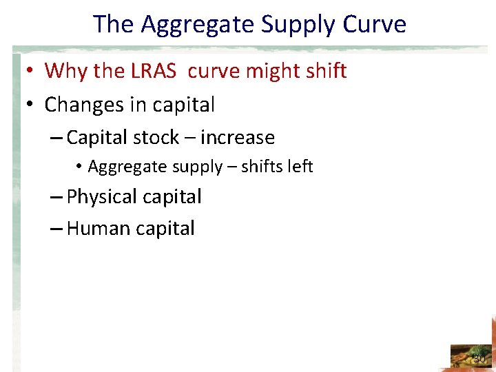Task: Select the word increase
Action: click(238, 138)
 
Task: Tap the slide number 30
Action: click(479, 359)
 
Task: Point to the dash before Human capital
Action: click(57, 229)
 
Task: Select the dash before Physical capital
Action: click(57, 198)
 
